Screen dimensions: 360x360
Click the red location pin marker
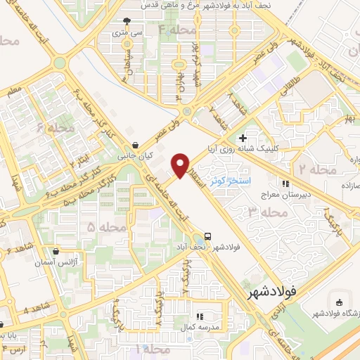180,165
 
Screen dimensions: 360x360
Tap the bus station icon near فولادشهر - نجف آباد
207,236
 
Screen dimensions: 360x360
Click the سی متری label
126,32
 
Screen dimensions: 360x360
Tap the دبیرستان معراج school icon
285,184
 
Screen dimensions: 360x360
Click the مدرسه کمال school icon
199,316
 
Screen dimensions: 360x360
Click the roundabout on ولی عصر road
187,111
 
